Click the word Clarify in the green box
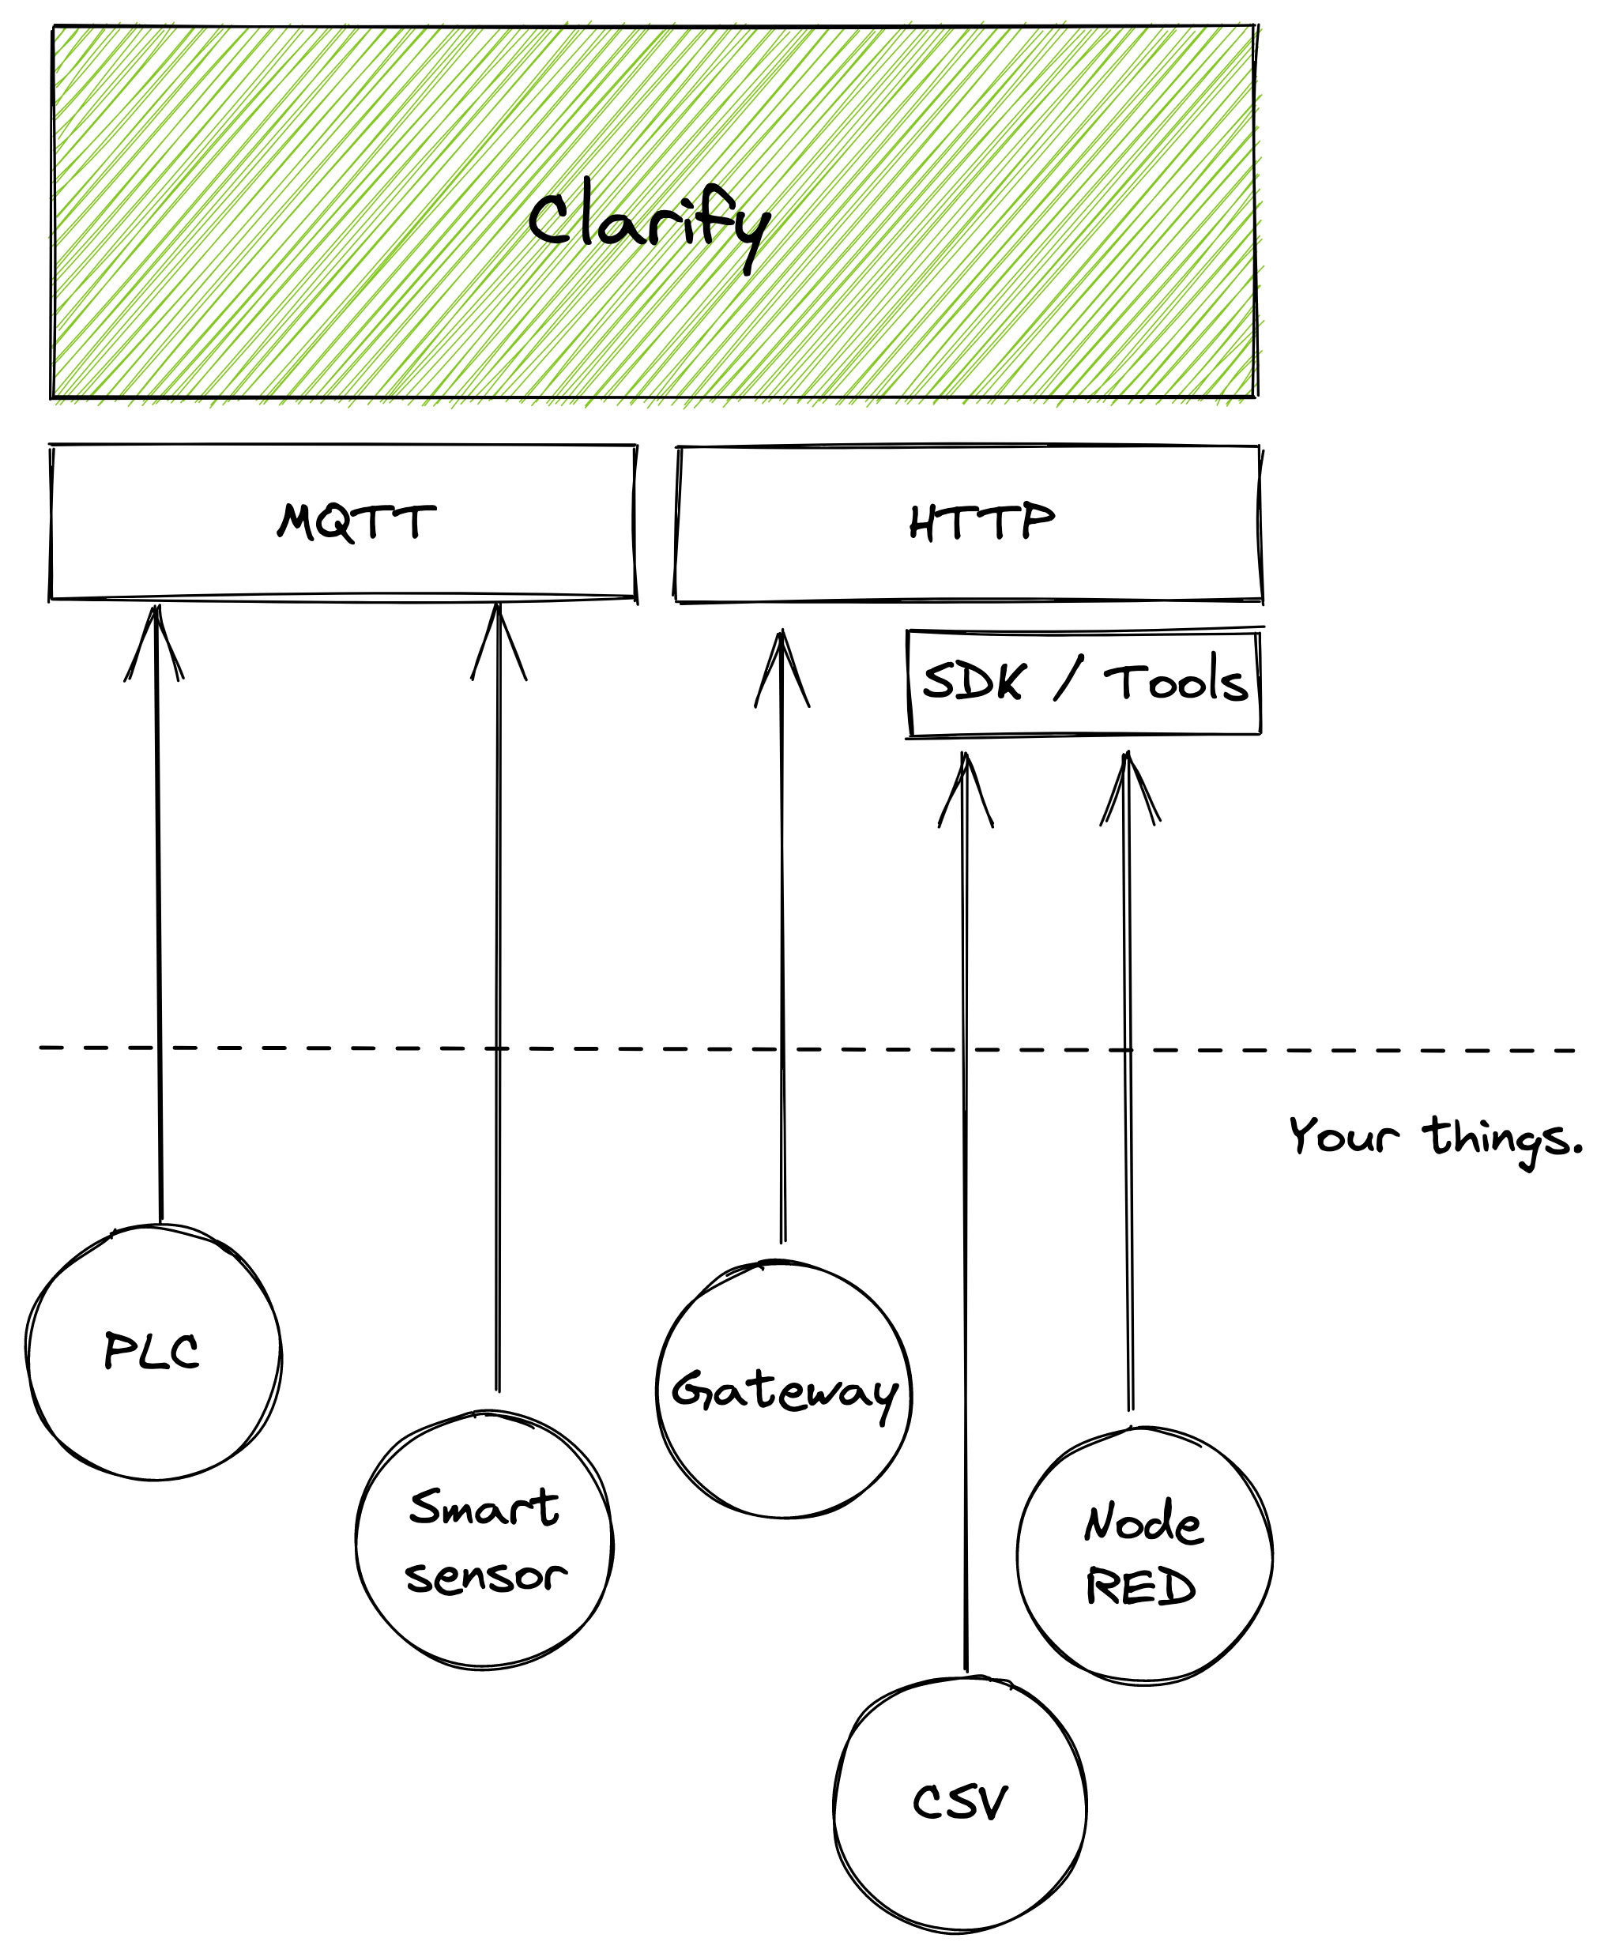point(648,226)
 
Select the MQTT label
point(356,521)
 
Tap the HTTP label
point(981,521)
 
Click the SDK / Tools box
point(1083,684)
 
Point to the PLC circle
point(154,1353)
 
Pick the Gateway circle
point(785,1390)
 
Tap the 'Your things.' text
point(1435,1137)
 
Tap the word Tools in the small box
point(1177,683)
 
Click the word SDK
point(974,683)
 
